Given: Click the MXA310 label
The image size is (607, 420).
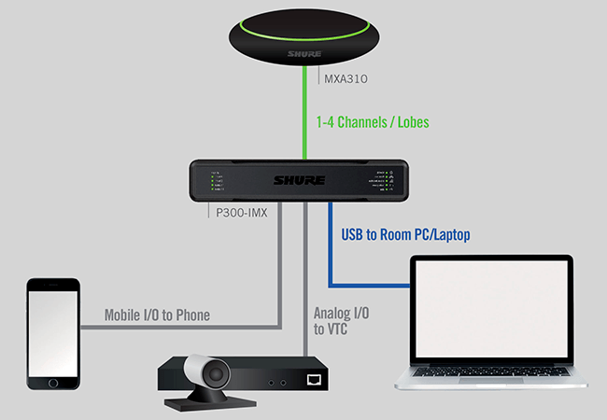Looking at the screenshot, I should pyautogui.click(x=344, y=78).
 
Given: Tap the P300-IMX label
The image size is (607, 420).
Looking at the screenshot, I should pyautogui.click(x=236, y=213).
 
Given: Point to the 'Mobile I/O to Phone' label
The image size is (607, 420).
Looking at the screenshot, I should pyautogui.click(x=143, y=315).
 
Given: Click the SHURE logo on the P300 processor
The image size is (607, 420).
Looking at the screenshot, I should pyautogui.click(x=303, y=180).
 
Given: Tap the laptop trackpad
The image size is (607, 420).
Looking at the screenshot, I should pyautogui.click(x=496, y=381).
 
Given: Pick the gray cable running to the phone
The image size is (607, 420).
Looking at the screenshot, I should pyautogui.click(x=187, y=328).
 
